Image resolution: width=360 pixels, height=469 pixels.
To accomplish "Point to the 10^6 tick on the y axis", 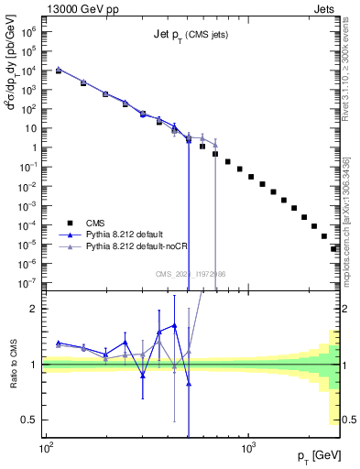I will (x=34, y=30).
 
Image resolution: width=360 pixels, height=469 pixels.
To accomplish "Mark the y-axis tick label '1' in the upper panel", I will (x=37, y=147).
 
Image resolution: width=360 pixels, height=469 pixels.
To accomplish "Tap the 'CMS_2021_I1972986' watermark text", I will (x=191, y=274).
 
